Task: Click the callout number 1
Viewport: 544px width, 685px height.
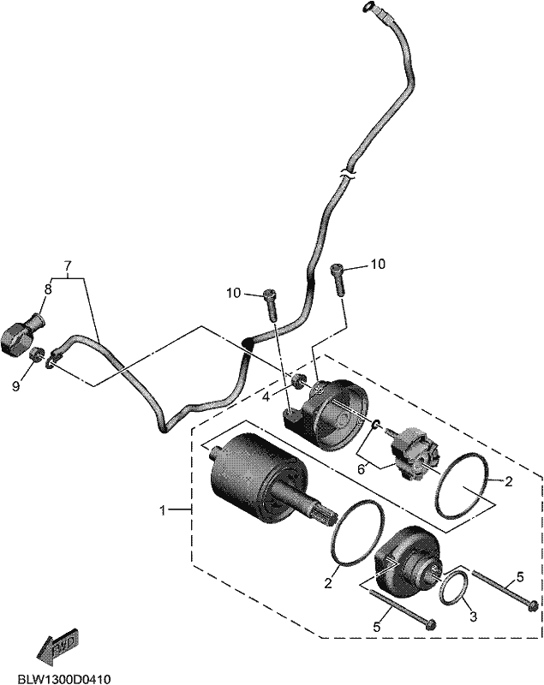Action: [163, 509]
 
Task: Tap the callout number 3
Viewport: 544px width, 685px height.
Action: [473, 616]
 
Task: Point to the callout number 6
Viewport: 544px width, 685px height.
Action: [361, 469]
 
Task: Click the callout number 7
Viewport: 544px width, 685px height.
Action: [68, 265]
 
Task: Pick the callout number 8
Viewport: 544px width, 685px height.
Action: [48, 289]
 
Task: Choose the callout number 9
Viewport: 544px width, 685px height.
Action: [15, 386]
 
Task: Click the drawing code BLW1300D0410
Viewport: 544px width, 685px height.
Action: [64, 679]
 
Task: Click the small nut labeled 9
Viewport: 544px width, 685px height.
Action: [37, 354]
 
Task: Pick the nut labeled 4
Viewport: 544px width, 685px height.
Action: [299, 381]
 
